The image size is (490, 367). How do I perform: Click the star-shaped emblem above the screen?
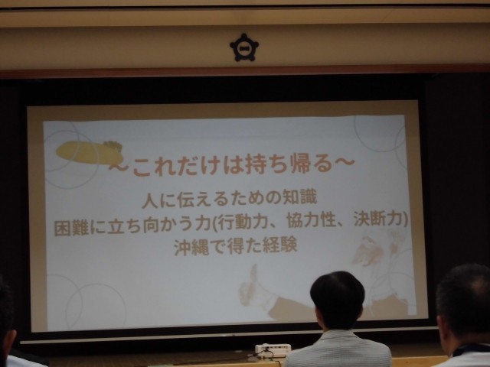[x=244, y=47]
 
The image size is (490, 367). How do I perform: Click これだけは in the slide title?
[x=187, y=165]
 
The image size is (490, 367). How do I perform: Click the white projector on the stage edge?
[x=273, y=349]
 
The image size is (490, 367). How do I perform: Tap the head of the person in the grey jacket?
[x=337, y=299]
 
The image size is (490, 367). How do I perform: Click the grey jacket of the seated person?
[x=338, y=349]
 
